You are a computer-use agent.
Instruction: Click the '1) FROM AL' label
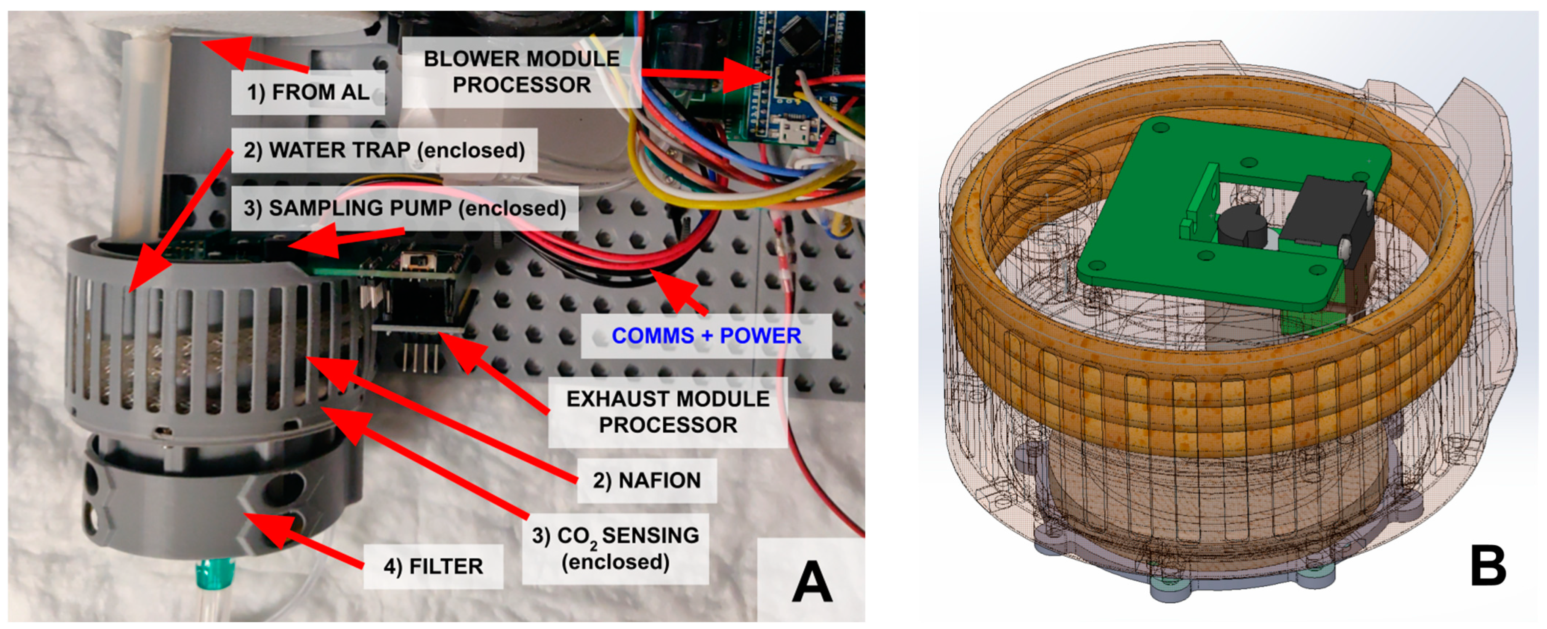pyautogui.click(x=308, y=92)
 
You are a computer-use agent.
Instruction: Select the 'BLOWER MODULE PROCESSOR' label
pyautogui.click(x=521, y=71)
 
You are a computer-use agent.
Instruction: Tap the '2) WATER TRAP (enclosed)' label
pyautogui.click(x=384, y=150)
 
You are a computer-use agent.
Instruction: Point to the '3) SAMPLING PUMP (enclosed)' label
pyautogui.click(x=405, y=208)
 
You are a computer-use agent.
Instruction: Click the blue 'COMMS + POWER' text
pyautogui.click(x=706, y=335)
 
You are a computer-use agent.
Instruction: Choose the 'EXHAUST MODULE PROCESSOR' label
pyautogui.click(x=668, y=411)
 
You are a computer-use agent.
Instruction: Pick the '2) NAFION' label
pyautogui.click(x=647, y=480)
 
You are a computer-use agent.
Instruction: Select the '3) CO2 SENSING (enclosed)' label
pyautogui.click(x=616, y=548)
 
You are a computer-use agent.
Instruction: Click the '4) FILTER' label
pyautogui.click(x=433, y=566)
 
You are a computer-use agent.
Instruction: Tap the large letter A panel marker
pyautogui.click(x=812, y=581)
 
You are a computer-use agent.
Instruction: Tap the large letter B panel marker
pyautogui.click(x=1488, y=566)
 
